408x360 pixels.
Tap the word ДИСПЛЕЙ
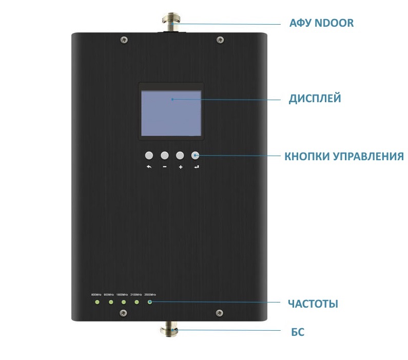315,99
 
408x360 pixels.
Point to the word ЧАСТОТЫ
313,304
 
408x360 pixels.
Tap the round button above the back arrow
149,155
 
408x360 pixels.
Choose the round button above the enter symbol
195,155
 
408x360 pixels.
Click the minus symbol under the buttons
165,167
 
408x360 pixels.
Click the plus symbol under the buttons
180,167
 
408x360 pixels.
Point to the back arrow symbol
149,167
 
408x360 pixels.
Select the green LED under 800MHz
96,302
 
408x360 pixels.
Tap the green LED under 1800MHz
123,302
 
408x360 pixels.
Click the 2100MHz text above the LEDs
137,294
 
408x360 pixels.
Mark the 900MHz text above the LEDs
109,294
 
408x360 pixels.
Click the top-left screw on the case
123,39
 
